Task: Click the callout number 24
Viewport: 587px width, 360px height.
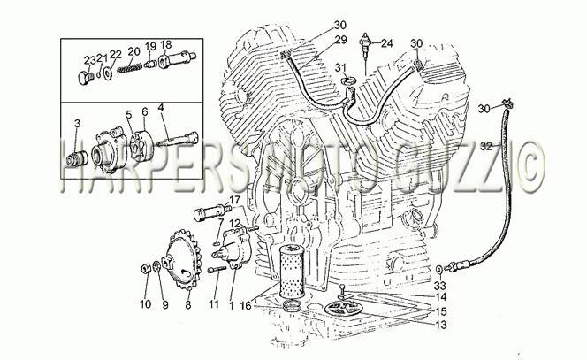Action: coord(387,44)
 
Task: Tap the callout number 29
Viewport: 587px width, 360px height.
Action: coord(340,40)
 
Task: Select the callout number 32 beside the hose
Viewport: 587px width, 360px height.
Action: coord(486,147)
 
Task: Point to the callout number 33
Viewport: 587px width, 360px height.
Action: coord(440,286)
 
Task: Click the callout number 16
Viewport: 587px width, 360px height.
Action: coord(246,306)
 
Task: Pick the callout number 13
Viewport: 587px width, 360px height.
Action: coord(441,325)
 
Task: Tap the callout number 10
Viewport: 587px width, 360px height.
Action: coord(145,303)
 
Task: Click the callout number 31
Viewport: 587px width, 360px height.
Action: coord(340,68)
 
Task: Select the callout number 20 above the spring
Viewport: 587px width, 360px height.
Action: coord(133,51)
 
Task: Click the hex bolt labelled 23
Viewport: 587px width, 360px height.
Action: coord(85,79)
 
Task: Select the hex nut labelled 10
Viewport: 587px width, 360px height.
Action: coord(145,269)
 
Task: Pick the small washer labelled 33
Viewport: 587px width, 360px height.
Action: coord(438,269)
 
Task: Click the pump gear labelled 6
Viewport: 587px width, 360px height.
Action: coord(141,146)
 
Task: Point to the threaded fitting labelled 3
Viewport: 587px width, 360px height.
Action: coord(77,158)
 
